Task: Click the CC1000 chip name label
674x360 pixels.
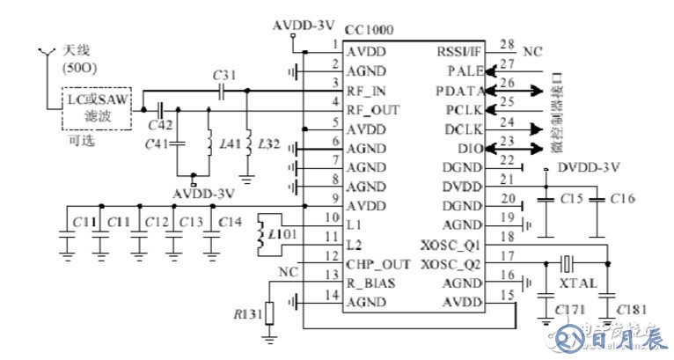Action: point(369,30)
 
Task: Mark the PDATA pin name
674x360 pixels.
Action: point(458,91)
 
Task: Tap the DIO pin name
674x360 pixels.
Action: point(471,149)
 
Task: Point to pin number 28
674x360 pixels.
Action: point(506,44)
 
